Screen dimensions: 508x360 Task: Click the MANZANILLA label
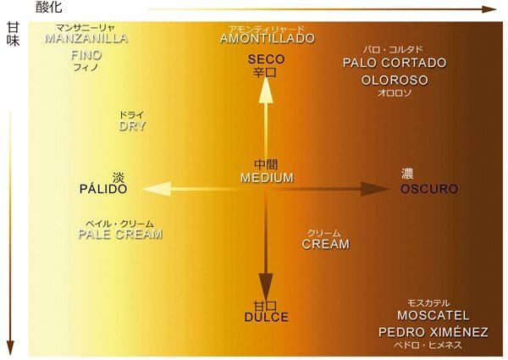click(86, 38)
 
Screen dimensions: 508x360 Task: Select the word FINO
click(86, 55)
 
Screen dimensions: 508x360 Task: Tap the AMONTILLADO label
click(268, 39)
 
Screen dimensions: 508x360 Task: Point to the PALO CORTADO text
click(395, 63)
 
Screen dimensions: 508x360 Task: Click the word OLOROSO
click(395, 80)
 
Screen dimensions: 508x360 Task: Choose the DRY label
click(132, 125)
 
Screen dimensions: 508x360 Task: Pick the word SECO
click(267, 59)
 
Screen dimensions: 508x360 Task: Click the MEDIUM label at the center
click(267, 178)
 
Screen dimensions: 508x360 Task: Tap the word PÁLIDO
click(103, 189)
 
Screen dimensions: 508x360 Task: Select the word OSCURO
click(429, 189)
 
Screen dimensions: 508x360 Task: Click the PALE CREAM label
click(120, 234)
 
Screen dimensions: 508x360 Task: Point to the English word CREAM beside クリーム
click(326, 244)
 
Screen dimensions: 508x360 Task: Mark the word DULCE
click(267, 317)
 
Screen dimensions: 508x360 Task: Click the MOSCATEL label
click(433, 315)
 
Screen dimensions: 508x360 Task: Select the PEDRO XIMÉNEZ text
click(433, 331)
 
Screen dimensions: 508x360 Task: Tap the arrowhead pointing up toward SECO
click(266, 89)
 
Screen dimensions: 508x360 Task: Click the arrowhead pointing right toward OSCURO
click(375, 189)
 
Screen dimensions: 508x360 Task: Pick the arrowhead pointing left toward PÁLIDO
click(157, 189)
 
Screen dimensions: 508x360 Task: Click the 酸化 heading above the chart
click(49, 7)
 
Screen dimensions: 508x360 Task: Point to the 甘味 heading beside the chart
click(14, 35)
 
